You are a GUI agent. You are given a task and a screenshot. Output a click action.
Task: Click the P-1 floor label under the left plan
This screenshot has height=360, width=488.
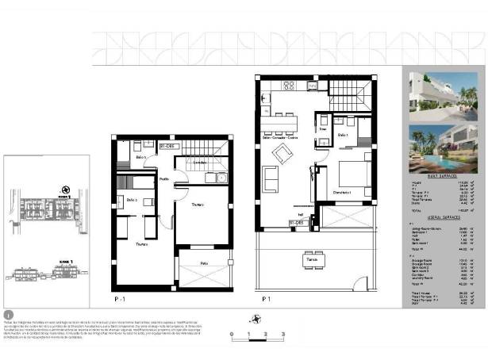(x=120, y=300)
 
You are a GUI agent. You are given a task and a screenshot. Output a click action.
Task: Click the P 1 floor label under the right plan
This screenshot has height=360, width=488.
(x=267, y=300)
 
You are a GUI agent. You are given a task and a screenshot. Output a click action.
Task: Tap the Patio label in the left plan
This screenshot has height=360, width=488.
(x=203, y=262)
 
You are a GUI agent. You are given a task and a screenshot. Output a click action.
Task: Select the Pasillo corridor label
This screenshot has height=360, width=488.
(x=163, y=180)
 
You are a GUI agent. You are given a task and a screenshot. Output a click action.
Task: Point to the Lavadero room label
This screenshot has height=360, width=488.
(x=201, y=163)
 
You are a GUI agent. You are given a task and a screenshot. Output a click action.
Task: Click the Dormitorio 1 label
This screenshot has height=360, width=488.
(x=342, y=192)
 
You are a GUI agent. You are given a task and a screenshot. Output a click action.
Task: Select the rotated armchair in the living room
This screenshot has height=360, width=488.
(x=282, y=154)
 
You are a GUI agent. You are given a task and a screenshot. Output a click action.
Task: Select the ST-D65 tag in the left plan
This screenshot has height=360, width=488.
(x=167, y=147)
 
